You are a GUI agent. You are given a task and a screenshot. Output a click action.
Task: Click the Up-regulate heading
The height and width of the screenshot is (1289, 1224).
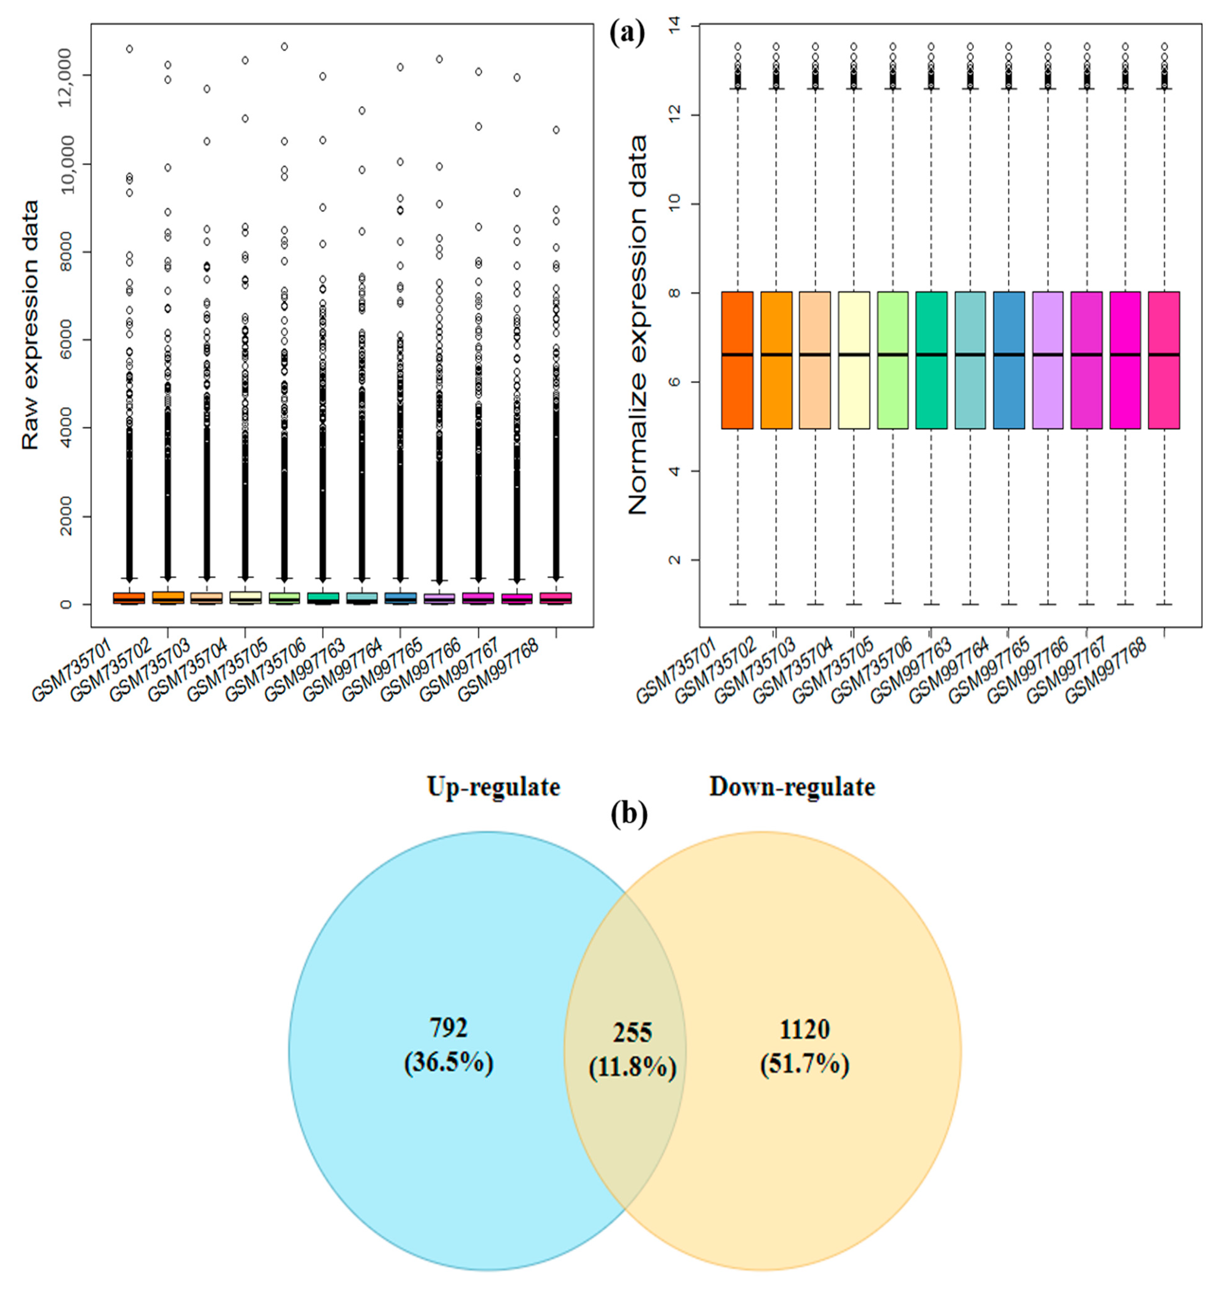(x=493, y=787)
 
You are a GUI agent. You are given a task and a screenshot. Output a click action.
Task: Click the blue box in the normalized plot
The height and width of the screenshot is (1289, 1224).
(x=1009, y=360)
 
